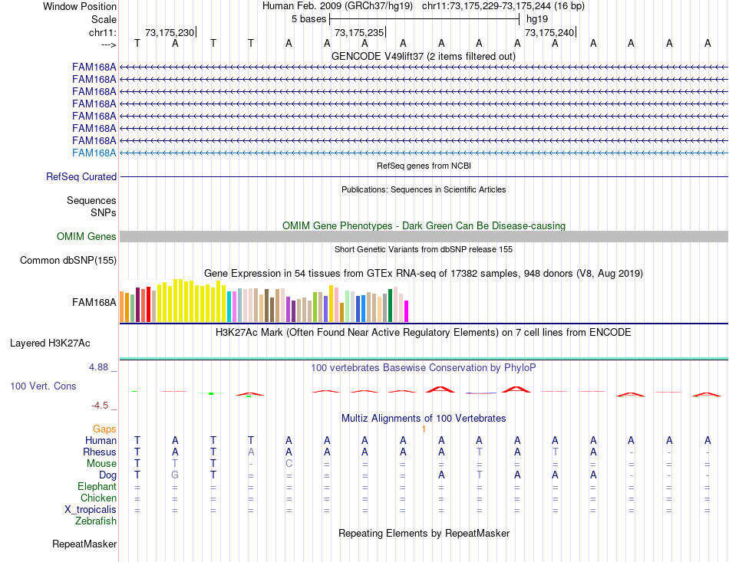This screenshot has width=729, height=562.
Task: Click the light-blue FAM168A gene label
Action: (x=94, y=153)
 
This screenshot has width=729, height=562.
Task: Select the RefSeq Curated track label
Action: (x=81, y=176)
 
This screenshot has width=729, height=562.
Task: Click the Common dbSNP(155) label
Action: (x=68, y=261)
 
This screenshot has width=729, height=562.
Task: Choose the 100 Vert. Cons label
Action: (x=43, y=386)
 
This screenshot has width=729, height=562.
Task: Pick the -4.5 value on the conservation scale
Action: (x=100, y=406)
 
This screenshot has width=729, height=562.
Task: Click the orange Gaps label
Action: (x=104, y=429)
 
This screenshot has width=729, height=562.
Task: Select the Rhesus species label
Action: (x=100, y=452)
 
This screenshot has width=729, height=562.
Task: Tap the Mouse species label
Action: (x=101, y=464)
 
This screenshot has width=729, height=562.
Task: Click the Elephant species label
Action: (x=97, y=487)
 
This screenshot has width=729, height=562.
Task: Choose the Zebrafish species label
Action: (x=96, y=521)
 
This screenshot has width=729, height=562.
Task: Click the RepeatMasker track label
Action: (x=84, y=544)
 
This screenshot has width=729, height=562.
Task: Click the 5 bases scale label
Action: (x=308, y=18)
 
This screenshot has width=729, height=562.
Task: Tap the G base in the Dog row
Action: (x=175, y=475)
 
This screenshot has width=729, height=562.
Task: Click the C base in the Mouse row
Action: (x=289, y=463)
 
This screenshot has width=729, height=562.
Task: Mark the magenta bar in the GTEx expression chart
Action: (x=406, y=311)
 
